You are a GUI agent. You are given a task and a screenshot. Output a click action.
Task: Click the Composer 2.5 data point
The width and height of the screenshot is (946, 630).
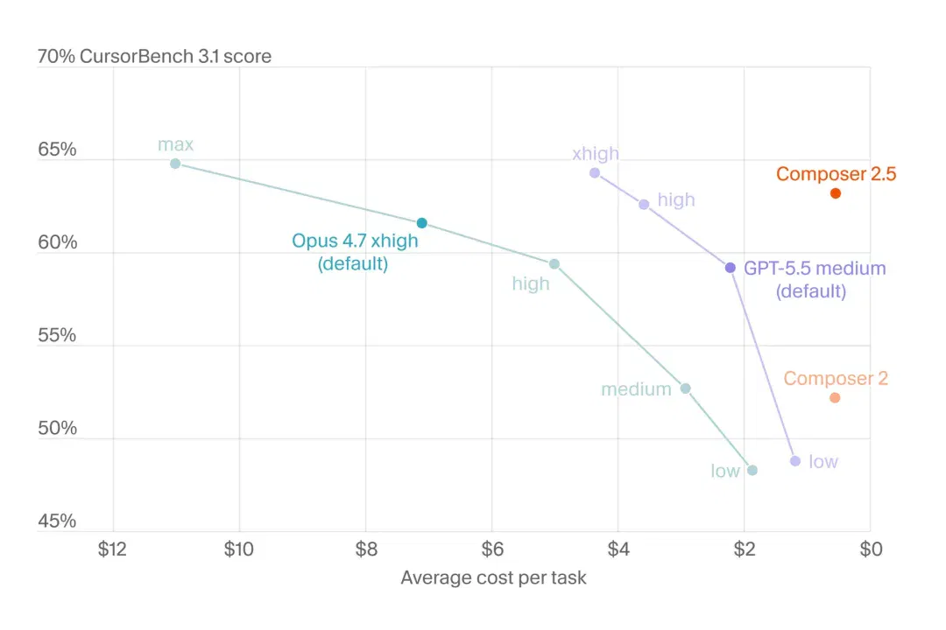tap(836, 193)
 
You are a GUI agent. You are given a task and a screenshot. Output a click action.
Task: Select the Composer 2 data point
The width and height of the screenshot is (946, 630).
tap(835, 398)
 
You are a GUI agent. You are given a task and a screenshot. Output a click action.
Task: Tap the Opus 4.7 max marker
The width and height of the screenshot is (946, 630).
tap(175, 164)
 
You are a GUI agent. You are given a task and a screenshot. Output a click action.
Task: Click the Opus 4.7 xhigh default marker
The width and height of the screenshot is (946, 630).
tap(422, 223)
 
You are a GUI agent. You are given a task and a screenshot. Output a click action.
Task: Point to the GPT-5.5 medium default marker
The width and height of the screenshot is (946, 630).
tap(730, 268)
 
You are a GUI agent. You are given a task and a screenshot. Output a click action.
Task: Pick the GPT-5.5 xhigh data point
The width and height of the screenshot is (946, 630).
tap(595, 173)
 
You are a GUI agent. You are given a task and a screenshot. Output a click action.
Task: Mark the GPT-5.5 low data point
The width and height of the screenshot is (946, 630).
tap(795, 461)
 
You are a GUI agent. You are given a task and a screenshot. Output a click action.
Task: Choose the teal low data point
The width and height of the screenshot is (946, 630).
tap(752, 470)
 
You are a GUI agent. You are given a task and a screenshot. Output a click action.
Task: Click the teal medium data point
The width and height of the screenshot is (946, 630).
tap(685, 388)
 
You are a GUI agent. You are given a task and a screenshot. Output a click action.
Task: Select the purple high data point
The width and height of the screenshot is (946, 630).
tap(645, 205)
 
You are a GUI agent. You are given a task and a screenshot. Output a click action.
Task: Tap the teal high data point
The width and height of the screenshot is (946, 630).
tap(554, 264)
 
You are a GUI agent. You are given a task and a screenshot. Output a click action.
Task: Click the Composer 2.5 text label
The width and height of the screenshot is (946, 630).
tap(837, 173)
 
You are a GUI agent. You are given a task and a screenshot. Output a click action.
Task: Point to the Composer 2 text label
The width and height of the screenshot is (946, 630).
tap(836, 379)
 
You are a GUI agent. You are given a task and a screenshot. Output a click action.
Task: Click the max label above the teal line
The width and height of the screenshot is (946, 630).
tap(175, 144)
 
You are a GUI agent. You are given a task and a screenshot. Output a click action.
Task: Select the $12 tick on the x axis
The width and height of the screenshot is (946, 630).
tap(112, 549)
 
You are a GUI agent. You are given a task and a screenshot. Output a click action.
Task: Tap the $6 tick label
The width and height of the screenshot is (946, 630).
tap(492, 549)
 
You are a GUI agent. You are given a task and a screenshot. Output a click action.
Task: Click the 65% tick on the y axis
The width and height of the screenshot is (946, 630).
tap(57, 150)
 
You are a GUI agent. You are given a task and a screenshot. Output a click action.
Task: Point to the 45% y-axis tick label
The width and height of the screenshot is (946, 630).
tap(57, 521)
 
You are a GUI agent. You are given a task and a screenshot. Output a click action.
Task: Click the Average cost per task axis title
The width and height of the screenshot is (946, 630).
tap(493, 577)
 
